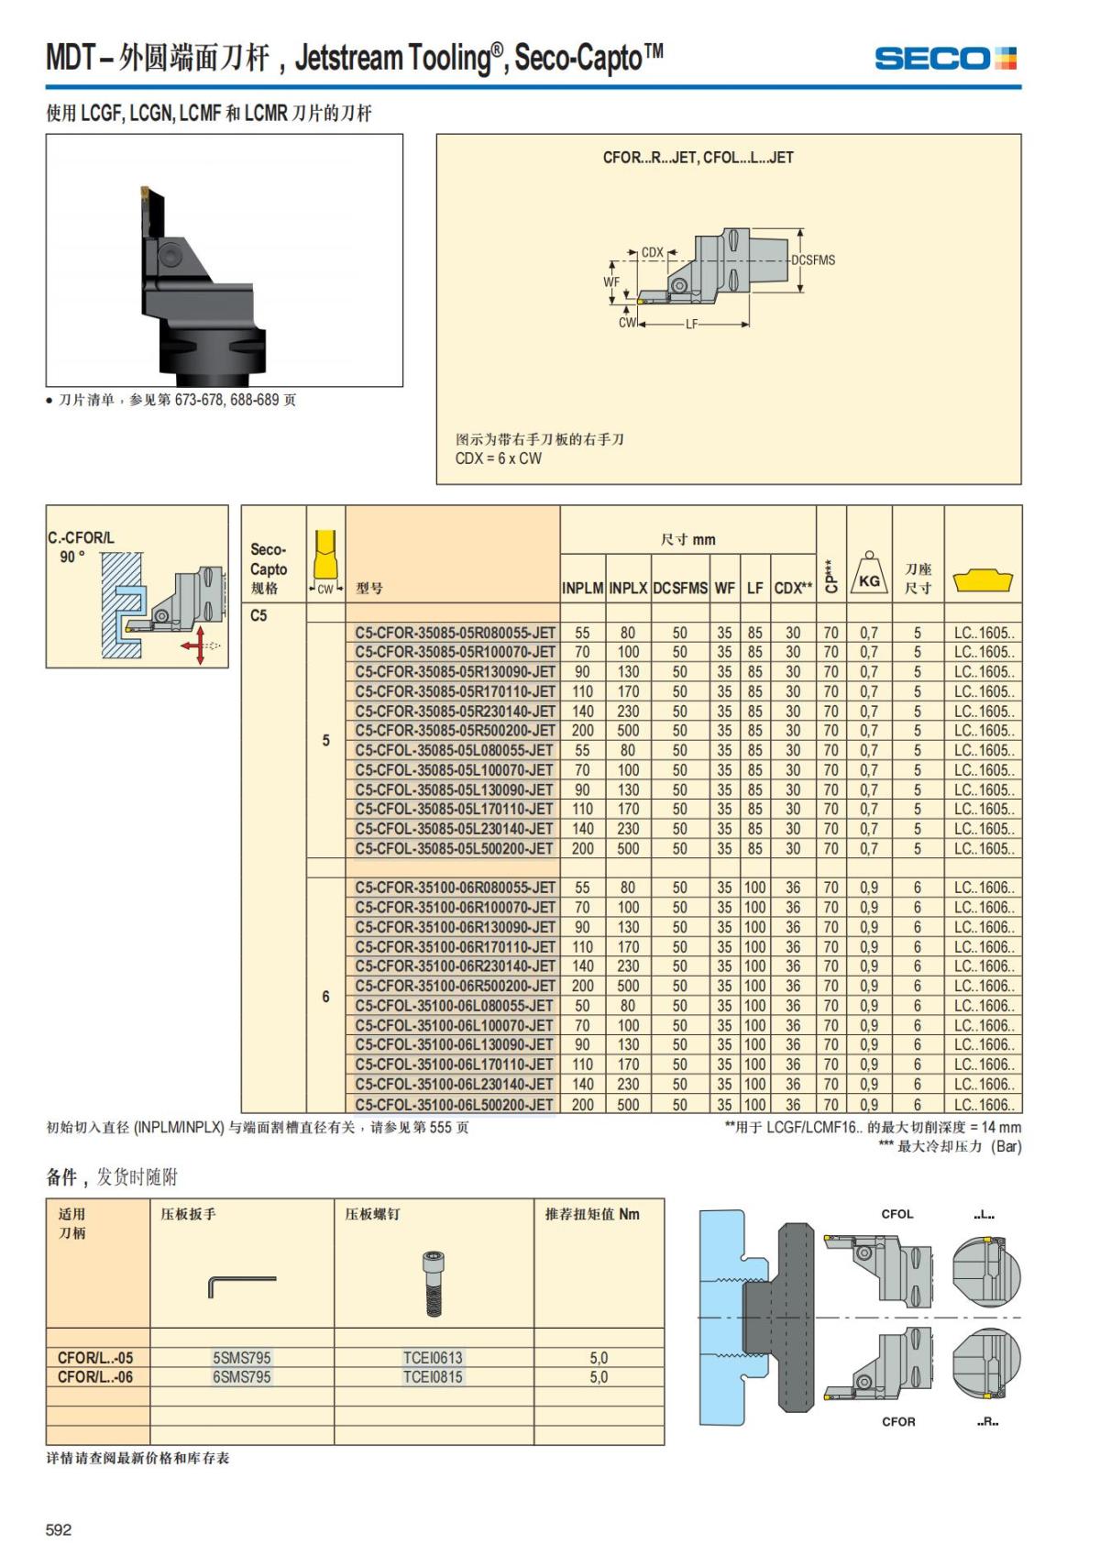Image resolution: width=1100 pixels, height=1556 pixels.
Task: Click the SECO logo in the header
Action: point(945,59)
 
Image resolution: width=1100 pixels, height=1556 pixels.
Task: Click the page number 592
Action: point(59,1529)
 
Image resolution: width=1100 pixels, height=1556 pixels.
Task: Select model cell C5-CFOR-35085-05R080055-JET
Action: point(456,633)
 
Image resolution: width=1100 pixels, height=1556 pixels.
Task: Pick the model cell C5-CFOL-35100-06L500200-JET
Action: point(455,1105)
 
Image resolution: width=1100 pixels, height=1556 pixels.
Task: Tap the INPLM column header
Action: point(582,589)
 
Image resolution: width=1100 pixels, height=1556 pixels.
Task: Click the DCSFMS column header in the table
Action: point(679,589)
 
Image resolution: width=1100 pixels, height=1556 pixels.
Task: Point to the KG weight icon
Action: point(868,575)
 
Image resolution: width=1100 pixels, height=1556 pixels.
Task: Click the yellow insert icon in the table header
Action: point(983,580)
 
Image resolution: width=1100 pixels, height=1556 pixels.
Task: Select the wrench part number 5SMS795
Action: point(242,1358)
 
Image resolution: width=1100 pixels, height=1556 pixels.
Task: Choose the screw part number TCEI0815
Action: point(433,1377)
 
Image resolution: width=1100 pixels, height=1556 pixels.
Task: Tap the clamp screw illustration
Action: point(434,1284)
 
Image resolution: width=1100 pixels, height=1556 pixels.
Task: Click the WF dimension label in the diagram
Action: point(611,282)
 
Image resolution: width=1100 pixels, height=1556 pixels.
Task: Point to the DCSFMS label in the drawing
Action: point(813,260)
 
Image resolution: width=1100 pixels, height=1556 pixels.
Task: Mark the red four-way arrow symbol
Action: point(194,646)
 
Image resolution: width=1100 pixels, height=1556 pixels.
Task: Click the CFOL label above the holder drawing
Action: point(896,1214)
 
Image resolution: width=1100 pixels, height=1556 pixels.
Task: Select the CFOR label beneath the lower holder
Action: point(897,1422)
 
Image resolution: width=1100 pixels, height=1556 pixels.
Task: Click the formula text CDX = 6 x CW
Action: point(499,458)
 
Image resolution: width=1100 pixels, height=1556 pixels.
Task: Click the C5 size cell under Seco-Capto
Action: point(259,615)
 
